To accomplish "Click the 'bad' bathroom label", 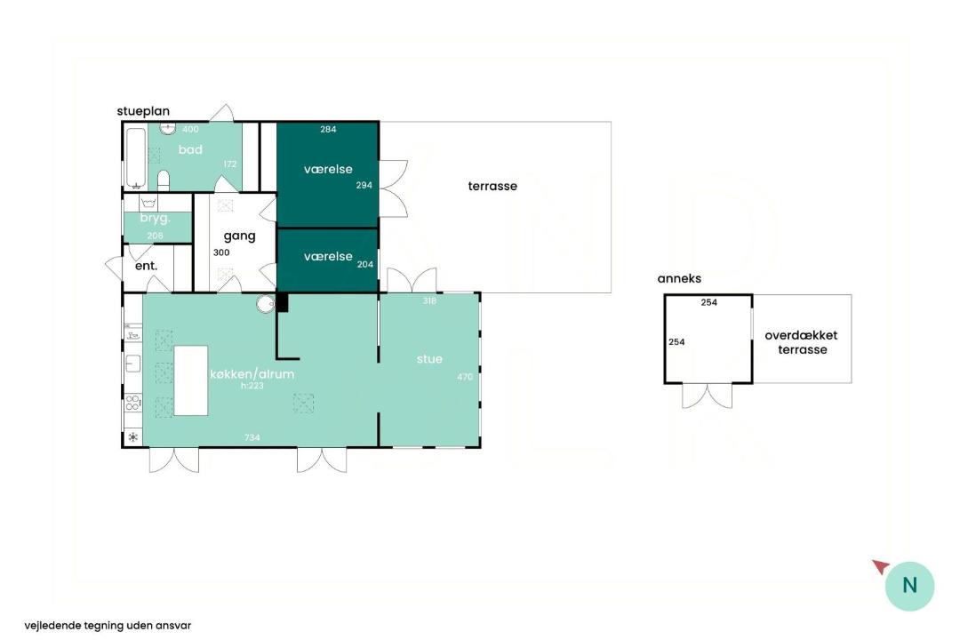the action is (190, 149).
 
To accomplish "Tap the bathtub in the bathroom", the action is (135, 157).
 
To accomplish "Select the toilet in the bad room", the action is (163, 180).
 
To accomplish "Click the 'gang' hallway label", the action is (239, 236).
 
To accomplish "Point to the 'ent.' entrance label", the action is (147, 266).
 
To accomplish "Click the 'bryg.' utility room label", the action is (155, 218).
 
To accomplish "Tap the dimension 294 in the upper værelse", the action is (364, 185).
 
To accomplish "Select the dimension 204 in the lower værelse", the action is (365, 265).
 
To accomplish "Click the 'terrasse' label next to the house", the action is (492, 186).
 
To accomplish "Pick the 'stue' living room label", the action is (429, 359).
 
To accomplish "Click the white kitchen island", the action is (191, 381).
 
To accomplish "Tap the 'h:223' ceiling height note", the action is (252, 386).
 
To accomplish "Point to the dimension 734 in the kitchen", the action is (252, 437).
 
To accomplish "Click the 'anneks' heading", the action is (679, 278).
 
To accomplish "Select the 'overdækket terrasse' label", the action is (802, 342).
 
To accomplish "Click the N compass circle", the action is (910, 586).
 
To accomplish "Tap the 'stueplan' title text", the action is (143, 111).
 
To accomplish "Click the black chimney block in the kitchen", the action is (283, 302).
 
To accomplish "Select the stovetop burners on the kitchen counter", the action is (132, 403).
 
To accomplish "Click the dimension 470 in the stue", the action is (465, 377).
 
